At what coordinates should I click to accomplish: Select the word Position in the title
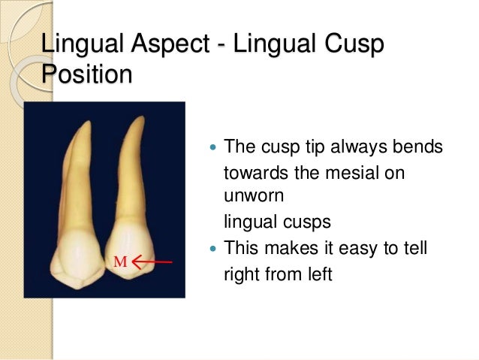[x=86, y=75]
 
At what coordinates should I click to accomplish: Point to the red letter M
[x=119, y=262]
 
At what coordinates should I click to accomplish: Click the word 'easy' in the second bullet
[x=346, y=246]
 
